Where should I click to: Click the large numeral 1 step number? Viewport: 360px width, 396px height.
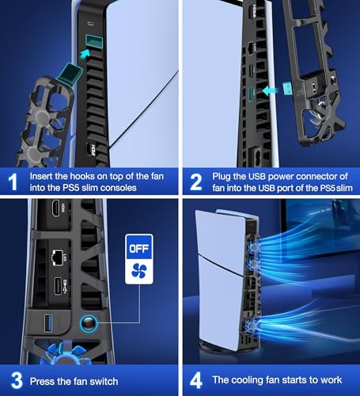[13, 182]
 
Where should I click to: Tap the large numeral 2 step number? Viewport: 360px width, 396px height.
[196, 182]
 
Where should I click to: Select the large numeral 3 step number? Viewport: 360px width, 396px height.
[17, 380]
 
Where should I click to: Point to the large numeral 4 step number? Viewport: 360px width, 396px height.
[196, 380]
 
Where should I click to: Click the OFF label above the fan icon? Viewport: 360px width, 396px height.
[139, 248]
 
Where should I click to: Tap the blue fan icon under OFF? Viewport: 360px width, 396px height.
[139, 271]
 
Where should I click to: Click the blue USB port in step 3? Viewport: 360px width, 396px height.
[48, 323]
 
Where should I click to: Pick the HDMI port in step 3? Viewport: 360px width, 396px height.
[56, 208]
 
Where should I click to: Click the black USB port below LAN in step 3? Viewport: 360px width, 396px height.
[58, 286]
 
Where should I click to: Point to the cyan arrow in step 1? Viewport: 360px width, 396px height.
[85, 54]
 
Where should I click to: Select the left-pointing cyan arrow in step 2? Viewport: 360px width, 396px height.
[270, 91]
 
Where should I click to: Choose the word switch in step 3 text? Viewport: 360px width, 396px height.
[104, 382]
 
